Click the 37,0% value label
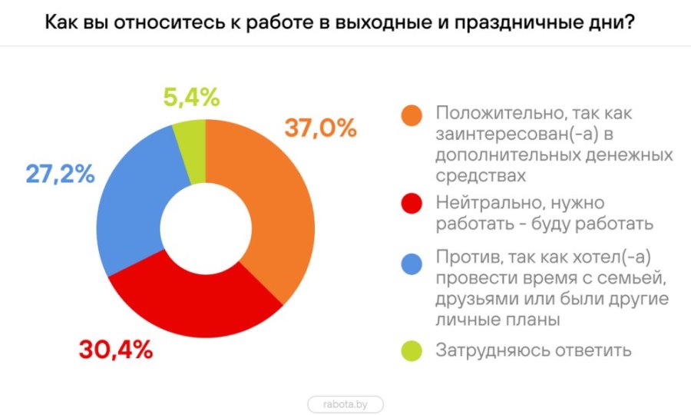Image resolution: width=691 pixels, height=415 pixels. pos(320,128)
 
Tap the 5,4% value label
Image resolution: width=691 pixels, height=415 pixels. pos(191,98)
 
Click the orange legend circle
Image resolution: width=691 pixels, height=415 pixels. pos(412,114)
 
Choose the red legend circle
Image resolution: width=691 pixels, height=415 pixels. pos(412,204)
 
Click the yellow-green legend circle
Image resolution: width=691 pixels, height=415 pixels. pos(412,350)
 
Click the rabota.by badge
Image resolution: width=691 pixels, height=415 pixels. pos(345,403)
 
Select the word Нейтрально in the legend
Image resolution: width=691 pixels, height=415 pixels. pos(482,204)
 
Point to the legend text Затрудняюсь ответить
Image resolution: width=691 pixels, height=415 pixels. pos(534,350)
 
